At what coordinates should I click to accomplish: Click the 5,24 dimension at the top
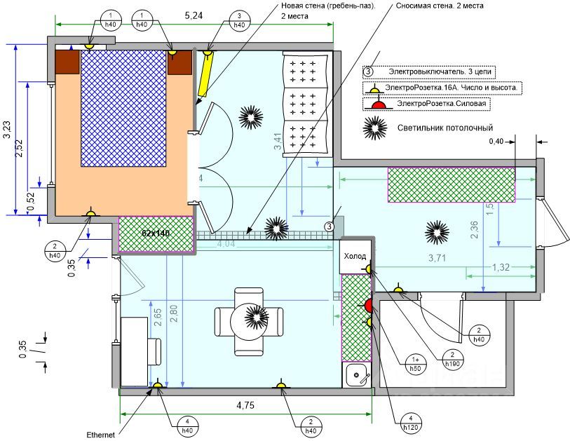pyautogui.click(x=194, y=15)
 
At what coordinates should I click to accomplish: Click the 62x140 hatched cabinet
pyautogui.click(x=156, y=233)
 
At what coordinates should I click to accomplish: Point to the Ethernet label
pyautogui.click(x=100, y=435)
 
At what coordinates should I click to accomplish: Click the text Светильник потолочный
pyautogui.click(x=445, y=128)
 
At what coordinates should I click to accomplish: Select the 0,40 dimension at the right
pyautogui.click(x=496, y=142)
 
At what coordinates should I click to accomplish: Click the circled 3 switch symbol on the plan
pyautogui.click(x=329, y=226)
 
